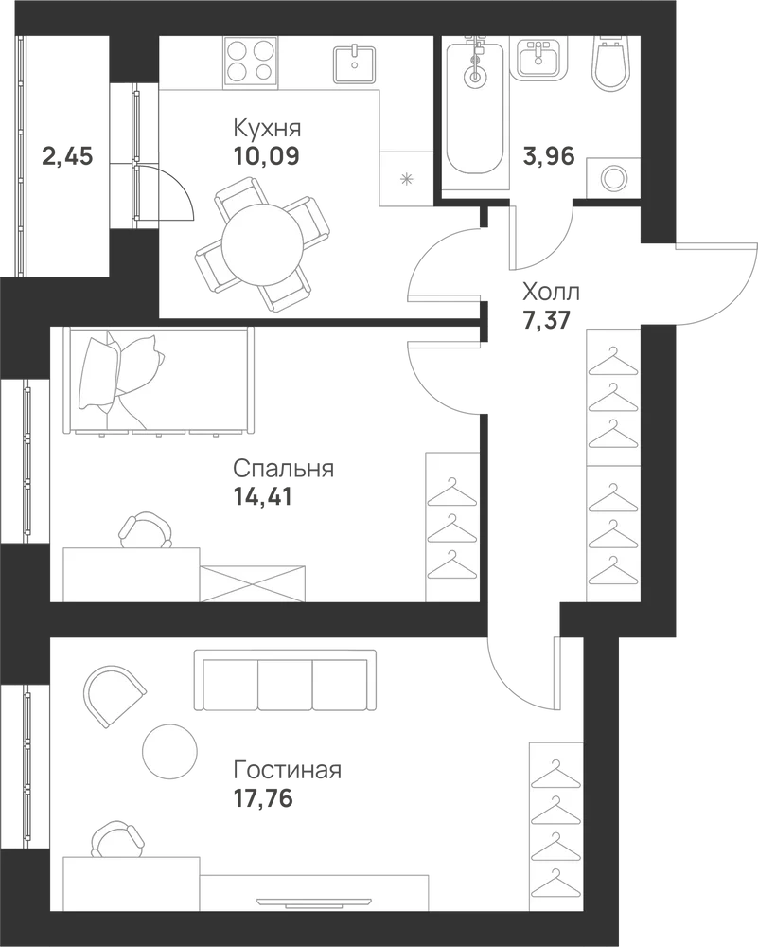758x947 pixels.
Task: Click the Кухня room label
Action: tap(267, 129)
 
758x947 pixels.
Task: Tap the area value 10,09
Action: tap(266, 156)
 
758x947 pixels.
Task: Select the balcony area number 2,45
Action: tap(67, 156)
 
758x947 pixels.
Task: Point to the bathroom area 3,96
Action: tap(549, 156)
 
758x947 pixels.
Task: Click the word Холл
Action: tap(551, 293)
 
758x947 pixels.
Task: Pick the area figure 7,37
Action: tap(547, 319)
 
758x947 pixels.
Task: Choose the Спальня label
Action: tap(284, 469)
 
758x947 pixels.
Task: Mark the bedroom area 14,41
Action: tap(262, 496)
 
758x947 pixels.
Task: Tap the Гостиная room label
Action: tap(288, 771)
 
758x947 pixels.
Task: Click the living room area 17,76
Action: tap(263, 798)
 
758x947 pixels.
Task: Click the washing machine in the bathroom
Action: tap(613, 178)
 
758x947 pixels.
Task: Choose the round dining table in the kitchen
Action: tap(262, 244)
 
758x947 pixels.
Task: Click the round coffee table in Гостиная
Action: tap(170, 752)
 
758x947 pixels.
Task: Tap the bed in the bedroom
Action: tap(159, 381)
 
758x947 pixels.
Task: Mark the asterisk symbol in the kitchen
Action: tap(407, 178)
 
